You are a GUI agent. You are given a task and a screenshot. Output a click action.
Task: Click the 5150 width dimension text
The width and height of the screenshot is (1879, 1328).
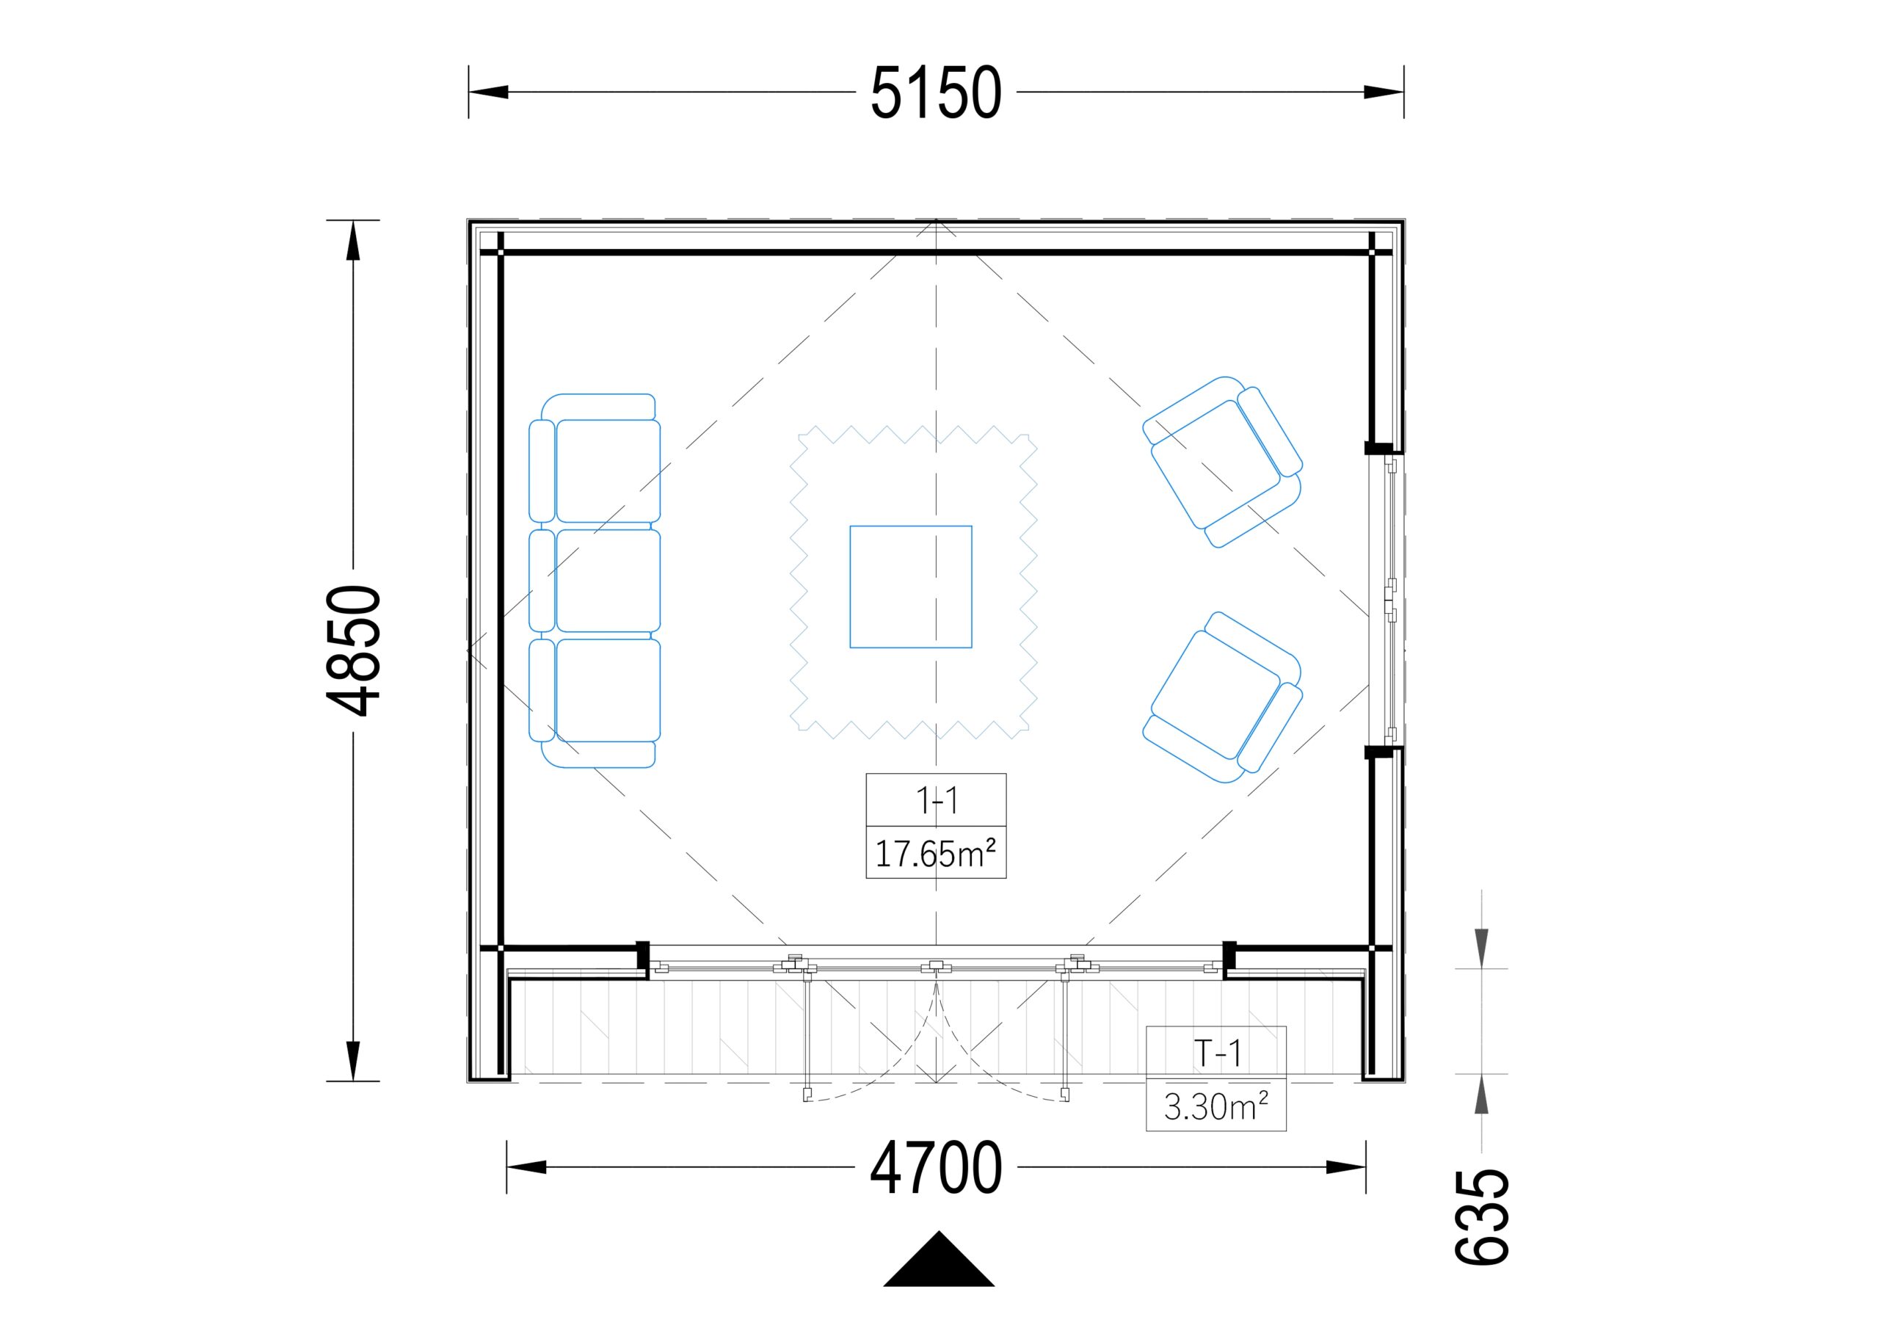click(x=935, y=92)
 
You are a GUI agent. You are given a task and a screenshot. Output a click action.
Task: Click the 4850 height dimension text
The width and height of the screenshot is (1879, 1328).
click(x=354, y=650)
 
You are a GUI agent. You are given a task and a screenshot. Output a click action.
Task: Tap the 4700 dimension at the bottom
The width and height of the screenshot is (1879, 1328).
click(x=935, y=1167)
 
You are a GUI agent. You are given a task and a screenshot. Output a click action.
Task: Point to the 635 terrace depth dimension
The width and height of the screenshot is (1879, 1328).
click(x=1481, y=1217)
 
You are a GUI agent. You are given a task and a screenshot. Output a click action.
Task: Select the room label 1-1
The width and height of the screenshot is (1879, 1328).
click(x=937, y=800)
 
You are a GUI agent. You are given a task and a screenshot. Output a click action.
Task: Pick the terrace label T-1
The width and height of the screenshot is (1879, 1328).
click(x=1217, y=1053)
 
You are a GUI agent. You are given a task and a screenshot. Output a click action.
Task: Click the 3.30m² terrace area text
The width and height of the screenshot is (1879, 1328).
click(x=1216, y=1107)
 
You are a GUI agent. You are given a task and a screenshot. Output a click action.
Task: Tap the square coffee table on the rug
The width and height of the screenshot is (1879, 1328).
click(x=911, y=587)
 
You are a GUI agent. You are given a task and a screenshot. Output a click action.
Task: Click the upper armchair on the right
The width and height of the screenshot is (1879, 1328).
click(x=1223, y=462)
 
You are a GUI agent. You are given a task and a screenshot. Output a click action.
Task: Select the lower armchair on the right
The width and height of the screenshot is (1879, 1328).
click(x=1223, y=697)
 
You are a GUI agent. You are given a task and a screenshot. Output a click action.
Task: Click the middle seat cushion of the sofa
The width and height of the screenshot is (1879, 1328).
click(x=608, y=581)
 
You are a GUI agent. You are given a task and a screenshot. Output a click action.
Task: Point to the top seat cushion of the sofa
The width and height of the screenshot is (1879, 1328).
click(x=608, y=471)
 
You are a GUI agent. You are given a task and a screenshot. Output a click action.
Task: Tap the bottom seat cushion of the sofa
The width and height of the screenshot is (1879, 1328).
click(x=608, y=690)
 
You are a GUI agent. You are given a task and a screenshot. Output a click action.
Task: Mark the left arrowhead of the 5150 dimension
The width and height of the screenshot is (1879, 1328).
click(x=489, y=92)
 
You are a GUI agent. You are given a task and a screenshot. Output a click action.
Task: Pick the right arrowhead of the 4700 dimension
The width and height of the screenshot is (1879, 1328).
click(x=1346, y=1167)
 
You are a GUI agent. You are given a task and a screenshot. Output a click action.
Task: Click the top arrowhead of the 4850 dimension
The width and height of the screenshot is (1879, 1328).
click(x=354, y=241)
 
